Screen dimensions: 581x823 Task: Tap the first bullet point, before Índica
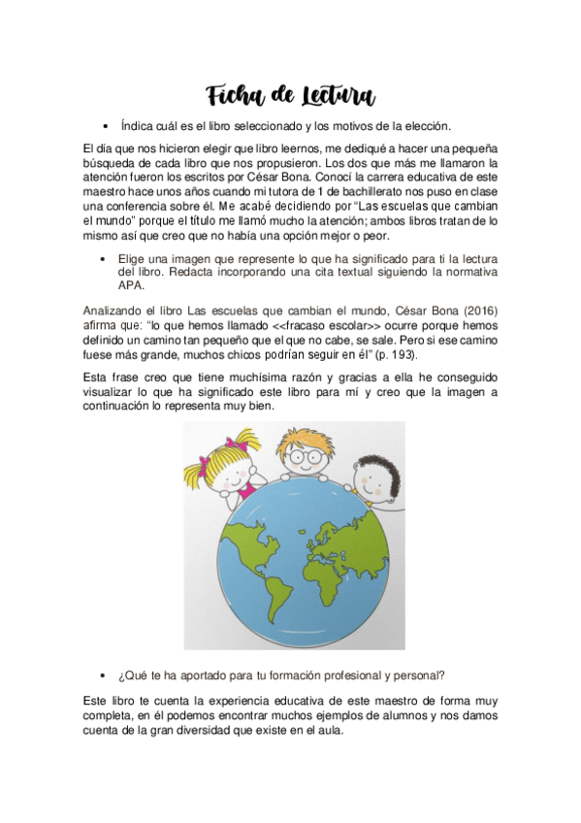[x=103, y=127]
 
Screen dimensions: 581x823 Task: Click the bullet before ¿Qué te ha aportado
[x=103, y=675]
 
